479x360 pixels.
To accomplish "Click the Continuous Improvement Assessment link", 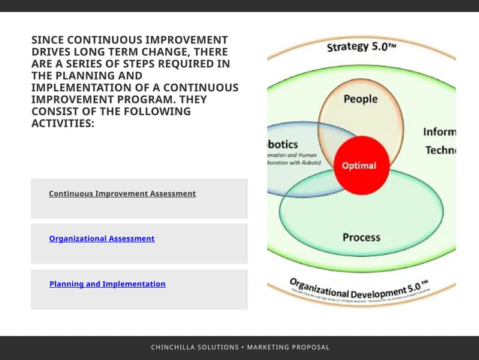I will (122, 194).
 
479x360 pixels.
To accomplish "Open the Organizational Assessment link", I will (101, 239).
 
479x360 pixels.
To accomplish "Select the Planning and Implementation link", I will (107, 284).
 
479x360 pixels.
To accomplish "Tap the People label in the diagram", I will (360, 99).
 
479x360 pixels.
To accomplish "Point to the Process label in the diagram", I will (361, 237).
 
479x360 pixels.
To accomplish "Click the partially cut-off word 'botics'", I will (283, 144).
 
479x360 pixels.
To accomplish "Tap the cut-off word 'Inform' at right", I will (439, 132).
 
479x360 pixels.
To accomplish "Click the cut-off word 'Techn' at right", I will (441, 150).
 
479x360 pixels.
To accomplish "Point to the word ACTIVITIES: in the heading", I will (63, 123).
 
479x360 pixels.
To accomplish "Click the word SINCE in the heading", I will (47, 40).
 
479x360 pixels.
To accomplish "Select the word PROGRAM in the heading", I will (124, 99).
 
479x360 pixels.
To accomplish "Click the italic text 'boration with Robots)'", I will (294, 162).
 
